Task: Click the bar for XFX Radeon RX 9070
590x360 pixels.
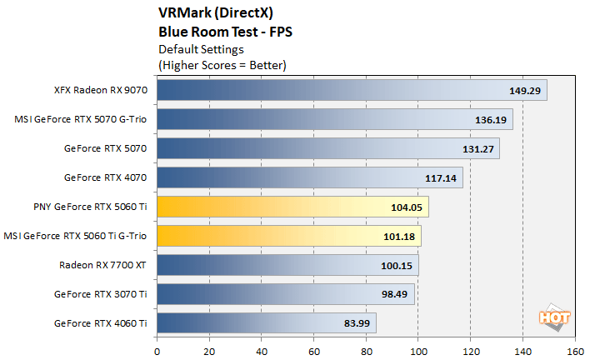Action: [351, 90]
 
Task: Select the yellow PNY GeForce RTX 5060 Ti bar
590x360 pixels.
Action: [292, 207]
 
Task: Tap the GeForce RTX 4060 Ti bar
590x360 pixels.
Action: [266, 323]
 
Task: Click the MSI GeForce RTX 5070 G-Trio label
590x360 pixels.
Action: [81, 119]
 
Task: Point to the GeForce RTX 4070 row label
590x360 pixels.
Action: [106, 177]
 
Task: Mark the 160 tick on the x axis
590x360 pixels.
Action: [575, 349]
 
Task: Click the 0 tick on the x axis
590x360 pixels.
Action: [157, 349]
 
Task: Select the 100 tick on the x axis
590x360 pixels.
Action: [418, 349]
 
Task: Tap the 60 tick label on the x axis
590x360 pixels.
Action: [313, 349]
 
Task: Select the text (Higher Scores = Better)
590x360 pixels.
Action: [222, 64]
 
